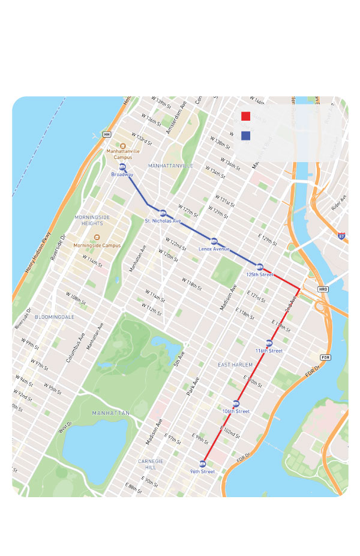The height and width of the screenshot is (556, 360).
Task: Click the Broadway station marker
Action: click(122, 166)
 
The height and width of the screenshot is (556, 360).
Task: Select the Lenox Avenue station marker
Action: click(214, 241)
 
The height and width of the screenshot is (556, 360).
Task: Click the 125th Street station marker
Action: click(260, 267)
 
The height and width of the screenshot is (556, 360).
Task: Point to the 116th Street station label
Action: click(269, 351)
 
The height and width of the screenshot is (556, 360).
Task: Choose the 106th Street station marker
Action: click(236, 403)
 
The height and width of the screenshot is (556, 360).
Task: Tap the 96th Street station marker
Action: click(202, 464)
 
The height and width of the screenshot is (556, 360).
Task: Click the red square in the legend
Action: click(245, 116)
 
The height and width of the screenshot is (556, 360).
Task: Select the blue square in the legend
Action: click(245, 136)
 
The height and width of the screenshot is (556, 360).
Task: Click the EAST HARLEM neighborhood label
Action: click(235, 364)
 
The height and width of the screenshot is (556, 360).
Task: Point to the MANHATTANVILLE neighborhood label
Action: click(171, 165)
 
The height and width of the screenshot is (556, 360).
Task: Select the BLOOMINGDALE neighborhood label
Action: click(55, 316)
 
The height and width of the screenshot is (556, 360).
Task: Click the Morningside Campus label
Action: click(97, 246)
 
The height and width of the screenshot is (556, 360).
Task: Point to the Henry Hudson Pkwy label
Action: click(37, 253)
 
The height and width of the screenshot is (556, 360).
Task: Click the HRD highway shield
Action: click(323, 289)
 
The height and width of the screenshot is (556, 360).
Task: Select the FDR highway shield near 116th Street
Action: click(325, 357)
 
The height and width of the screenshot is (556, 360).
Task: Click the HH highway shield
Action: click(106, 134)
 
